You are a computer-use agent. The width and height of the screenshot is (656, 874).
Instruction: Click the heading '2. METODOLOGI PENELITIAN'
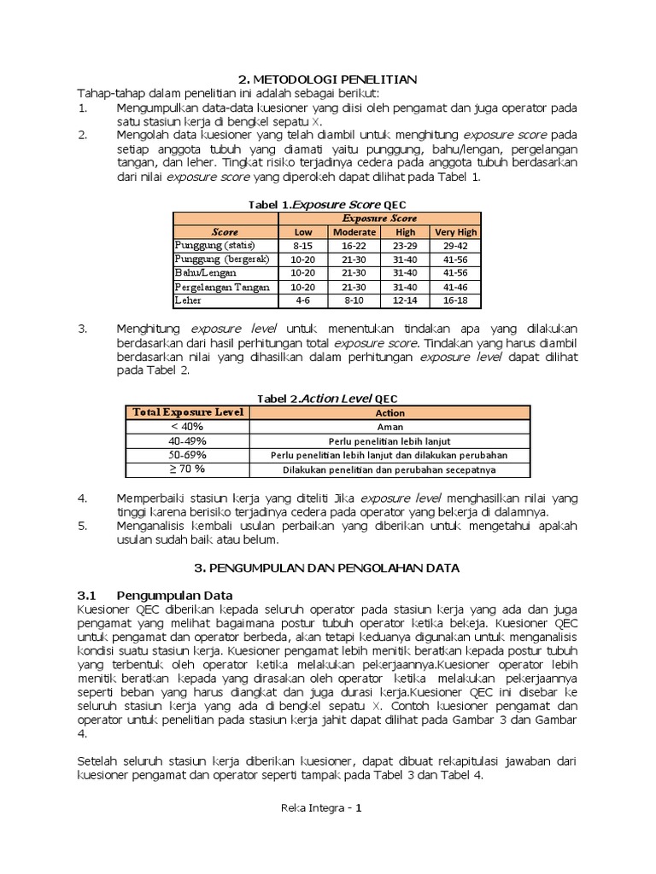point(327,79)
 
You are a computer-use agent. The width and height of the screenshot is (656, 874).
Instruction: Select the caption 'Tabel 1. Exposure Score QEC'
point(327,205)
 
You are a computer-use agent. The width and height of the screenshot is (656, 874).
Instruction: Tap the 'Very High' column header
point(456,232)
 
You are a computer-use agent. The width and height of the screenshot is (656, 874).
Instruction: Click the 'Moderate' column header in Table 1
point(354,232)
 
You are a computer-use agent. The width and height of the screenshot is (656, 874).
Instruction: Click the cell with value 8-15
point(303,246)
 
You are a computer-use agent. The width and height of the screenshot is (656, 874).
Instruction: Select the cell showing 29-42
point(456,246)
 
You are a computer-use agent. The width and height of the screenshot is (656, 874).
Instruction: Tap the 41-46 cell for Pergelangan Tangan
point(456,288)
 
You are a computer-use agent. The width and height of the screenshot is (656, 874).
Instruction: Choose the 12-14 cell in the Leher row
point(406,301)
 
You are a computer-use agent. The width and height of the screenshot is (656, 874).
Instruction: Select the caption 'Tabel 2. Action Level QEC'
point(327,399)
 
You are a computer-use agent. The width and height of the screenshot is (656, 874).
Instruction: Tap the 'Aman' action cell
point(389,427)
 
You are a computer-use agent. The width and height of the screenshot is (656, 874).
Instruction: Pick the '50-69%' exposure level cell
point(187,455)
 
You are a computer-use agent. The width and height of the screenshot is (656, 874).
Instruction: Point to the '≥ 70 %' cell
point(187,469)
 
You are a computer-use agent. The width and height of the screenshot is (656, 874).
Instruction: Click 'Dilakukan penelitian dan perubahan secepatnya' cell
point(389,470)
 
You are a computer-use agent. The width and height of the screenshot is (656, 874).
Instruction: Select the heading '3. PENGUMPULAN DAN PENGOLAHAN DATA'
point(327,567)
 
